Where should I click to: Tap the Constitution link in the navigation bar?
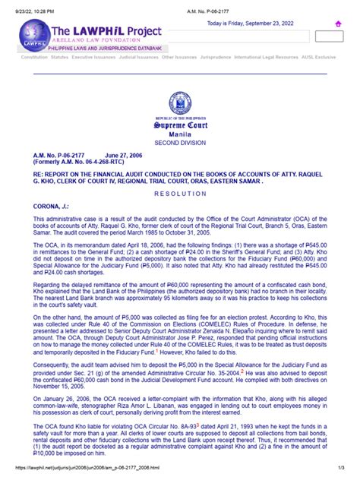[34, 57]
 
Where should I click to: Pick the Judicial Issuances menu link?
[138, 57]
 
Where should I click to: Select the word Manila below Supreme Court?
[180, 134]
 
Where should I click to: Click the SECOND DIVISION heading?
[180, 143]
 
